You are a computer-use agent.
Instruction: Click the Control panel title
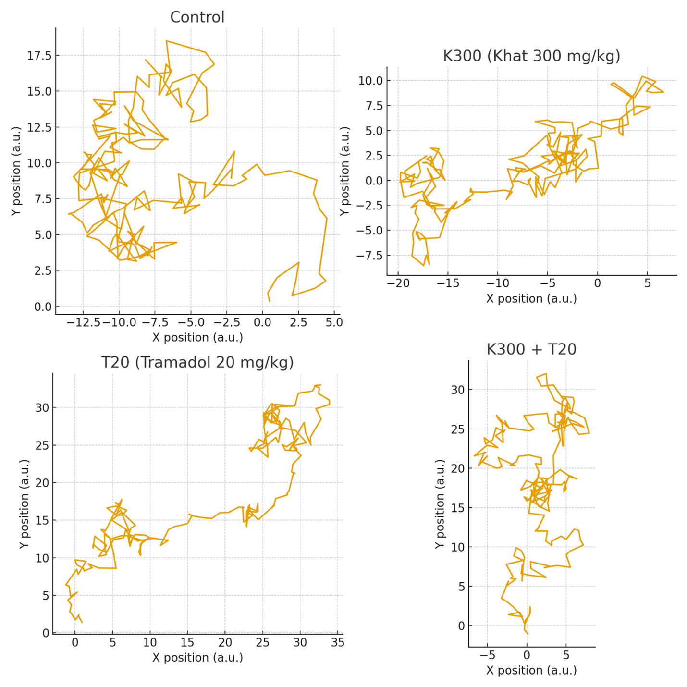197,17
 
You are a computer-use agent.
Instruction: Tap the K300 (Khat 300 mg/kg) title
531,56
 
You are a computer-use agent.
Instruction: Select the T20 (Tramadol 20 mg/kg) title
197,362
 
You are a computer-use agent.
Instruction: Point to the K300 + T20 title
531,349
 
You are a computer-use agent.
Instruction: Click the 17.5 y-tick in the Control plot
39,56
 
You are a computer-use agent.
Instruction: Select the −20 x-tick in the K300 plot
398,283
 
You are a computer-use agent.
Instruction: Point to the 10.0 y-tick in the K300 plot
370,81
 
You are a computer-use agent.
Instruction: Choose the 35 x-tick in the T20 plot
338,643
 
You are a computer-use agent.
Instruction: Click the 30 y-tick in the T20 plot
42,408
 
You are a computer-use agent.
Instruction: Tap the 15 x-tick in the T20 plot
188,643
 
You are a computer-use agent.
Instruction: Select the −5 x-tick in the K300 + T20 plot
487,655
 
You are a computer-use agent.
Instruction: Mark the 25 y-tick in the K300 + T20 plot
457,429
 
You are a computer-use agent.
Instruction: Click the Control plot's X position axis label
197,337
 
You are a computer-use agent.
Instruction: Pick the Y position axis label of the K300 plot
344,172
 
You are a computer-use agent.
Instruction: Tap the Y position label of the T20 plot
24,503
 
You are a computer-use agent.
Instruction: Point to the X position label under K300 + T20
531,670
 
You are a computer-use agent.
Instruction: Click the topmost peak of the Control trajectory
167,41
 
